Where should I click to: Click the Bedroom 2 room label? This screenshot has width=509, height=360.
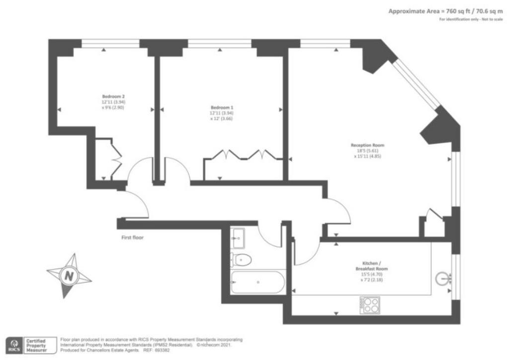(x=113, y=96)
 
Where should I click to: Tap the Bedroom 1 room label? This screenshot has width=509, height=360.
(x=222, y=107)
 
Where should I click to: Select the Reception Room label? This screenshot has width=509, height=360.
(x=367, y=145)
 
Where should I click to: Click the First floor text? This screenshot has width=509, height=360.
(x=132, y=237)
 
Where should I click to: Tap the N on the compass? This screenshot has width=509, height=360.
(x=69, y=276)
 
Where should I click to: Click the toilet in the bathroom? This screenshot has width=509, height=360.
(x=241, y=260)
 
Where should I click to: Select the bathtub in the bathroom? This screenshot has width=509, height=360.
(x=258, y=282)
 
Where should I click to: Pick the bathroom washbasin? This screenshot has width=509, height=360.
(x=238, y=237)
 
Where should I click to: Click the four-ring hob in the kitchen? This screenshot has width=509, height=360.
(x=370, y=305)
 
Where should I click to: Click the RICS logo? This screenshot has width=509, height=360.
(x=14, y=346)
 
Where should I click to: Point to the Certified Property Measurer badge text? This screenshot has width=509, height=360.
(x=36, y=346)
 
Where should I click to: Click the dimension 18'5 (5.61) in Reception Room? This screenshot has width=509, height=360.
(x=367, y=151)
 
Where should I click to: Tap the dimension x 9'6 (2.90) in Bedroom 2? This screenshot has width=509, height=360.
(x=113, y=107)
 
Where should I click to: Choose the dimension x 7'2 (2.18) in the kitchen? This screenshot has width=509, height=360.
(x=372, y=279)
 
